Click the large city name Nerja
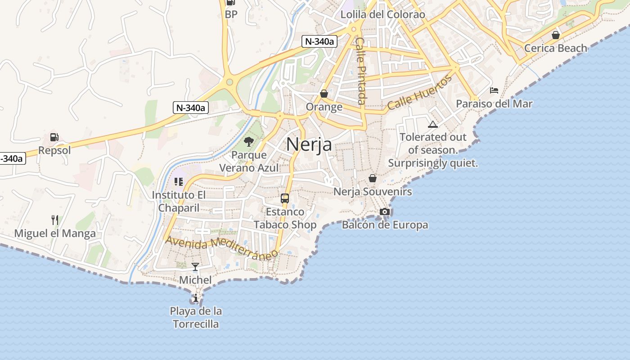309,144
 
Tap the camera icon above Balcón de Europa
384,211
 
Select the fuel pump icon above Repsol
54,137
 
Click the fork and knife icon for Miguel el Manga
55,220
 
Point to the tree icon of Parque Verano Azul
248,142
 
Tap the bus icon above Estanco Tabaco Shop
285,198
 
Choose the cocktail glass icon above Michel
195,267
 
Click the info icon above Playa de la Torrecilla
195,298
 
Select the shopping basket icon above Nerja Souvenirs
372,178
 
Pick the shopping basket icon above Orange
324,94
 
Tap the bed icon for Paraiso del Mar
494,90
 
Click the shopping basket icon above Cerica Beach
556,35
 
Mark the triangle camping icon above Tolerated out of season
433,124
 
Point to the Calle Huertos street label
419,93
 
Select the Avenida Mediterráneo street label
222,248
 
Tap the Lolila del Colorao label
382,14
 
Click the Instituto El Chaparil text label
179,202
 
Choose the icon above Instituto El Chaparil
179,182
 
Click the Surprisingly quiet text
433,163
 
